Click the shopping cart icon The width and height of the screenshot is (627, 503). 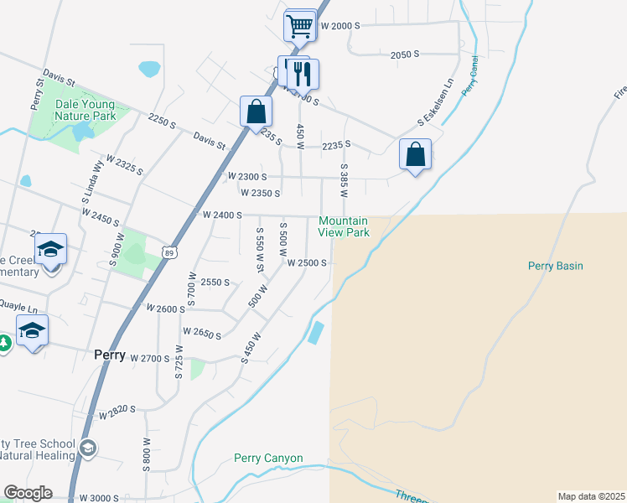pyautogui.click(x=299, y=25)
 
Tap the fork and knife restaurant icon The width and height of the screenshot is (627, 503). pyautogui.click(x=303, y=74)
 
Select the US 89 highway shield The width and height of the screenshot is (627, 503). pyautogui.click(x=170, y=252)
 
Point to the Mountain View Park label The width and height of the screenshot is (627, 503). pyautogui.click(x=344, y=226)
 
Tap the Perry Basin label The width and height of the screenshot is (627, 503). pyautogui.click(x=555, y=266)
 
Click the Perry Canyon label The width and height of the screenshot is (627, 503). pyautogui.click(x=267, y=459)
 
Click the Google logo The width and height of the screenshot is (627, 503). pyautogui.click(x=27, y=493)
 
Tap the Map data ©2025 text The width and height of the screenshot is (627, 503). pyautogui.click(x=591, y=496)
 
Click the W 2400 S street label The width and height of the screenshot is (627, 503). pyautogui.click(x=222, y=215)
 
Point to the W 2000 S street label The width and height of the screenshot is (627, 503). pyautogui.click(x=339, y=26)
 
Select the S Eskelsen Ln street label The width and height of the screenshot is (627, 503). pyautogui.click(x=435, y=110)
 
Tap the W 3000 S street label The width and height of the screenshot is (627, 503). pyautogui.click(x=100, y=498)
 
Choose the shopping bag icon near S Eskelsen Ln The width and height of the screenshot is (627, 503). pyautogui.click(x=415, y=154)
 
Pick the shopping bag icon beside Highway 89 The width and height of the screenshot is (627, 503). pyautogui.click(x=256, y=111)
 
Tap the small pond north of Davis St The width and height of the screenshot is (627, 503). pyautogui.click(x=150, y=68)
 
